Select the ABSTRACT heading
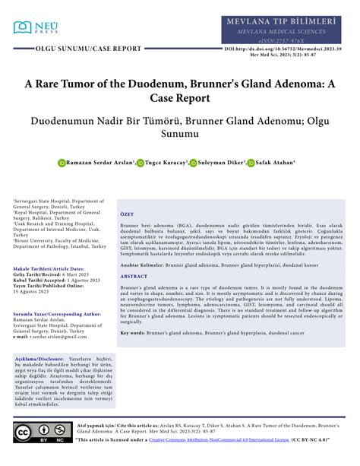click(x=134, y=277)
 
